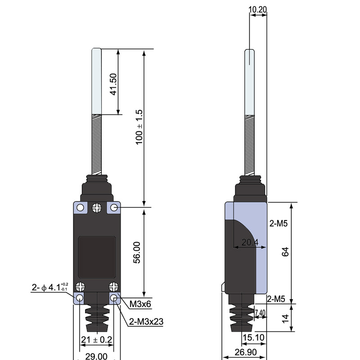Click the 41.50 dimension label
(113, 84)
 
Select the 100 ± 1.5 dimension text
(139, 127)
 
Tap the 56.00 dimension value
(137, 252)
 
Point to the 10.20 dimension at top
(258, 9)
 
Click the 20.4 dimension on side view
(250, 242)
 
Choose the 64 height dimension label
(285, 252)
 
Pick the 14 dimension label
(285, 318)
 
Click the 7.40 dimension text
(260, 313)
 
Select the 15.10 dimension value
(253, 337)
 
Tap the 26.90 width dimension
(245, 352)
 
